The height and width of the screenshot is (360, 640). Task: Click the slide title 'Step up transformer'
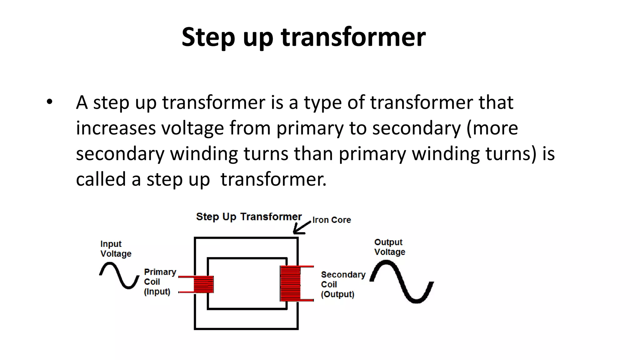click(303, 37)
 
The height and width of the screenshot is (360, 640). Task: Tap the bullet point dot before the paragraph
click(49, 102)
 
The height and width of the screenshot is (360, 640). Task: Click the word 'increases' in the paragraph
click(115, 128)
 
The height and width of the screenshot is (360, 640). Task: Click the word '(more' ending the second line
click(492, 128)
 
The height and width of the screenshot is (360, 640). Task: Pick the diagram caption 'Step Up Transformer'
click(249, 217)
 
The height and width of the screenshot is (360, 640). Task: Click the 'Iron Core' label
click(332, 220)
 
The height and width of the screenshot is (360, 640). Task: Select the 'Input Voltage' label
click(116, 249)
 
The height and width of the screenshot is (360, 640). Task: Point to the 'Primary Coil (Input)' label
click(159, 282)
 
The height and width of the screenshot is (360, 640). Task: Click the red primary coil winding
click(203, 284)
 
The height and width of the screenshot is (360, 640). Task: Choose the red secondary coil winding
click(290, 283)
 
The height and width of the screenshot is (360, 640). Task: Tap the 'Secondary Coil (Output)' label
click(342, 284)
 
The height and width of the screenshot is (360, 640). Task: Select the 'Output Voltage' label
click(389, 247)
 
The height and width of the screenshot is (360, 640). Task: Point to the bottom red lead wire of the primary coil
click(186, 292)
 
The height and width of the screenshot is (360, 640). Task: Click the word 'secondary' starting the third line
click(120, 154)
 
